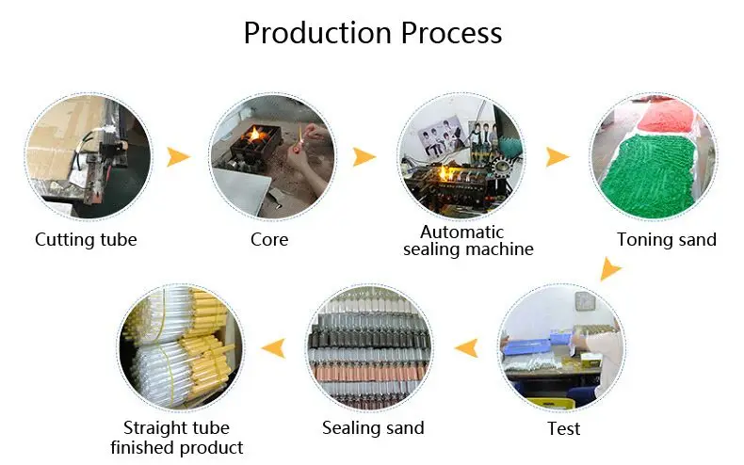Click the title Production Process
tap(372, 33)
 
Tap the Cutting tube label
tap(86, 239)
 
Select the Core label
tap(269, 239)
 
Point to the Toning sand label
tap(666, 239)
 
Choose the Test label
tap(564, 428)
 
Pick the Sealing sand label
tap(373, 427)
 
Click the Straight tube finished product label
tap(177, 438)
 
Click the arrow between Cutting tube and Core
tap(178, 156)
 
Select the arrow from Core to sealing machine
tap(364, 156)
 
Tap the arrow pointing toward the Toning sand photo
tap(558, 156)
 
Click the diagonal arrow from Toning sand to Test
tap(610, 273)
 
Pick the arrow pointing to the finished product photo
tap(273, 349)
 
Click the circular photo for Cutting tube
tap(87, 156)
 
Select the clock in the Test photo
tap(584, 302)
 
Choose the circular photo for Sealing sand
tap(371, 348)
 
